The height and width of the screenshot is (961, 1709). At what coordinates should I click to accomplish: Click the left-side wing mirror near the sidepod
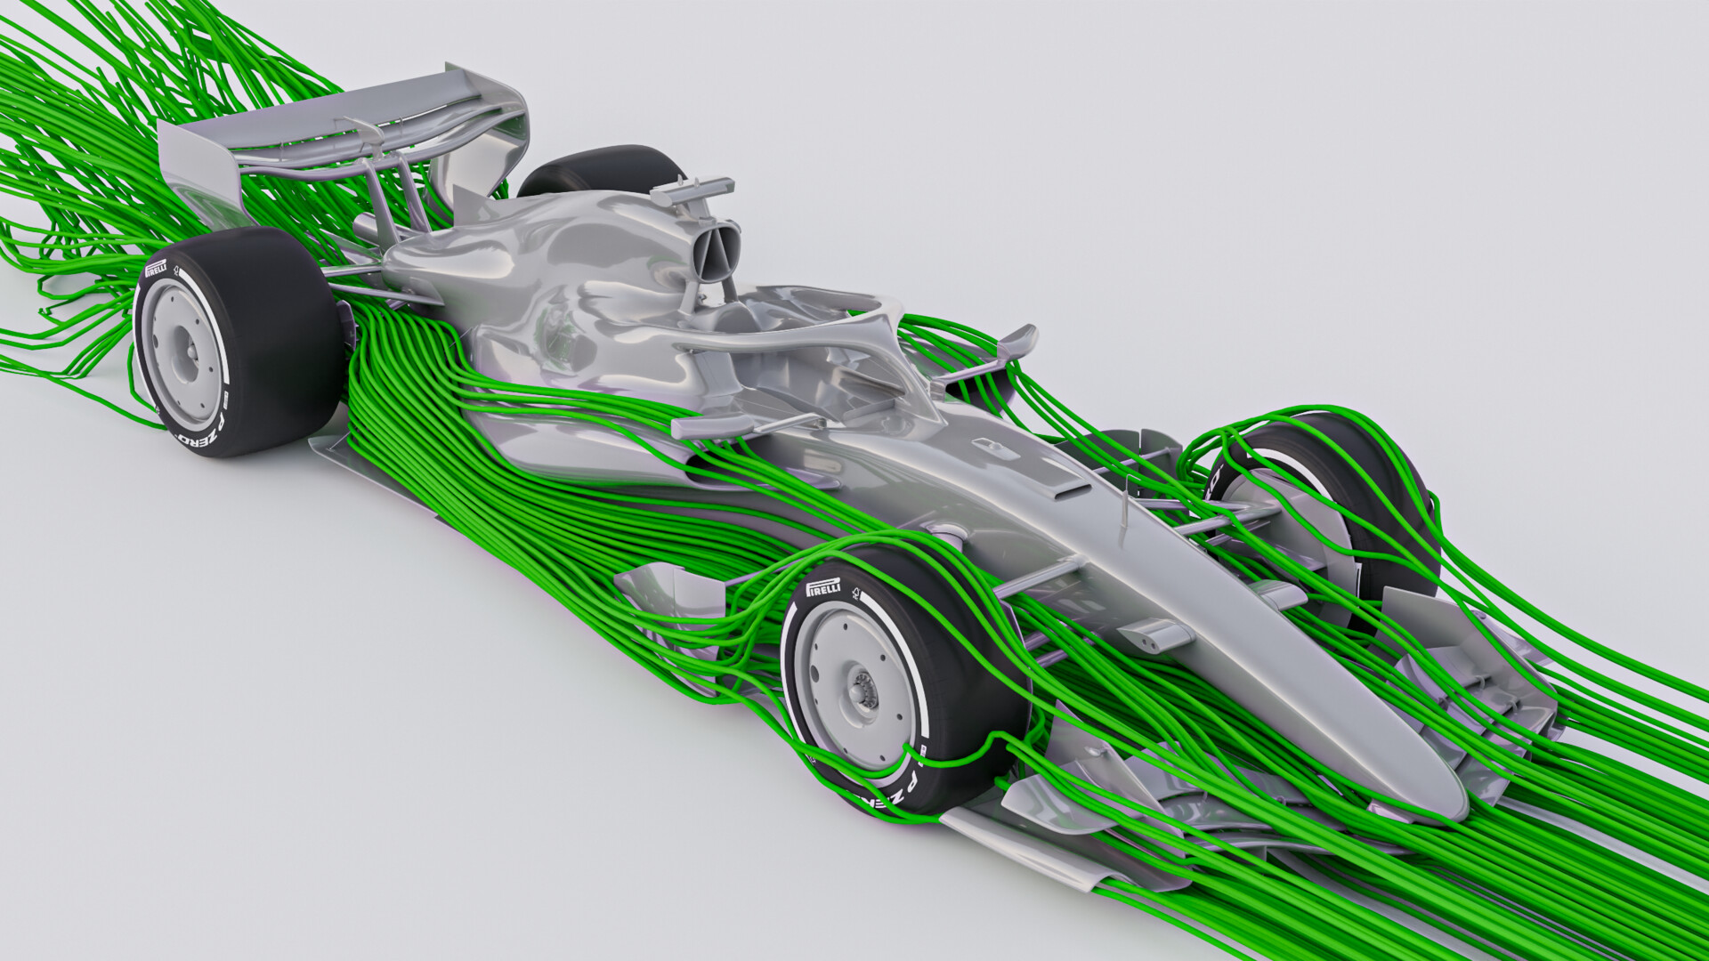point(709,426)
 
